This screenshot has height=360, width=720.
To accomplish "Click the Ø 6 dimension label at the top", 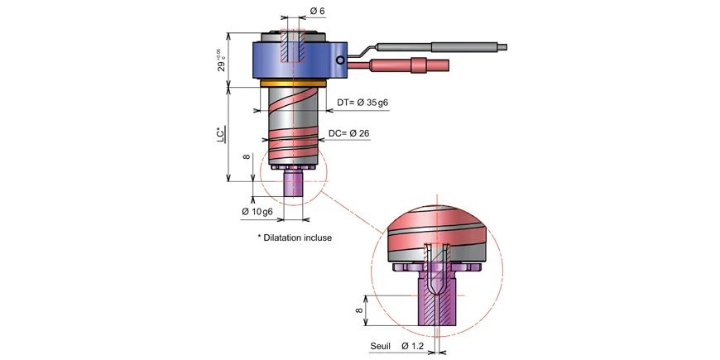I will (318, 10).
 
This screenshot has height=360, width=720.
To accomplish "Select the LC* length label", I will (220, 135).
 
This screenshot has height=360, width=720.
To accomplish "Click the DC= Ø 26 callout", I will (348, 133).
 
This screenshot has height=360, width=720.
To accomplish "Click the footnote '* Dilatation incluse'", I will (295, 238).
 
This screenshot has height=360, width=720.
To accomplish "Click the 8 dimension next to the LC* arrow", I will (246, 156).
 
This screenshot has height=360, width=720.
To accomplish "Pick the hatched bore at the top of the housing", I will (293, 48).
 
